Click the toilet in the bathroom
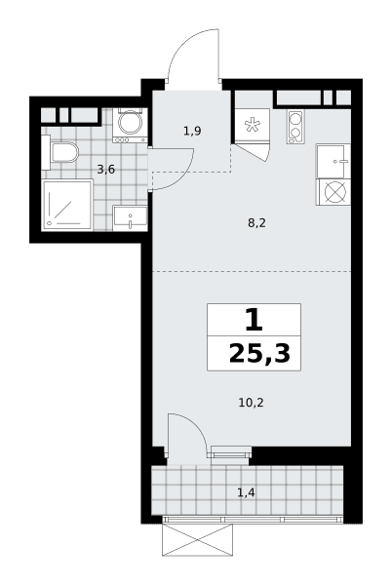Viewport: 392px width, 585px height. [63, 152]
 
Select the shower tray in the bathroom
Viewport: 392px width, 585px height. [66, 205]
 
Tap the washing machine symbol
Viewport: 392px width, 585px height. [130, 125]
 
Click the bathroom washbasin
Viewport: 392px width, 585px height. [130, 217]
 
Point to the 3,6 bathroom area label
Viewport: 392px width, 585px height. [106, 170]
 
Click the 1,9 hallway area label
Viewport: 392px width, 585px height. [192, 131]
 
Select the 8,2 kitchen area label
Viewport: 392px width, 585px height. [257, 223]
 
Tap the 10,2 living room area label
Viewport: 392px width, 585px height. [251, 403]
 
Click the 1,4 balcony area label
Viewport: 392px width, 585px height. [246, 492]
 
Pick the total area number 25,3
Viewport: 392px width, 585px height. [259, 353]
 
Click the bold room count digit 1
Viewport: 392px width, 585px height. [254, 321]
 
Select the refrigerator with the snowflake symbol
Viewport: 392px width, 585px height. [253, 126]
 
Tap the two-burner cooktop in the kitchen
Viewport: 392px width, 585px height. [295, 127]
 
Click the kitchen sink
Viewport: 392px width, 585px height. [333, 161]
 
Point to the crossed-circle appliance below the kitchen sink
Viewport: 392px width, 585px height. [333, 192]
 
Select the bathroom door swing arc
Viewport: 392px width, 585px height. [184, 176]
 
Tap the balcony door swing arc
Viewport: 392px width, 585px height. [195, 428]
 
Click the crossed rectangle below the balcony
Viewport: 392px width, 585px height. [197, 539]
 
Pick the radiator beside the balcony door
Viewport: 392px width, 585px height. [230, 454]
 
